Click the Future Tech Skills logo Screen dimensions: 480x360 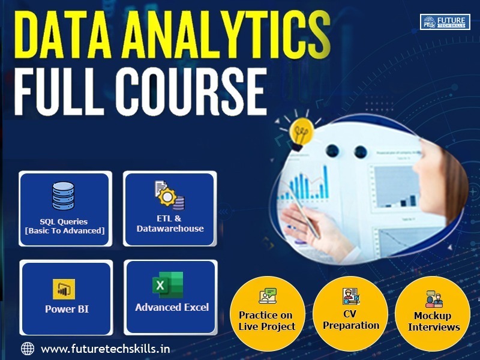445,22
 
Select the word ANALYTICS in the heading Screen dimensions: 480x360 227,34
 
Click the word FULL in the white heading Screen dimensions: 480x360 60,92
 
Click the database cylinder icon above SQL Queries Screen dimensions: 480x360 63,196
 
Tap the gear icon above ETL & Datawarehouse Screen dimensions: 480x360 167,197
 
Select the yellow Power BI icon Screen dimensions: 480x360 64,289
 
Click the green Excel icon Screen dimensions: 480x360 168,284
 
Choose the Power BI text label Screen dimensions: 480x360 67,309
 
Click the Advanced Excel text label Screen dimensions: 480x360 172,307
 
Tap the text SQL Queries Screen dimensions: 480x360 64,221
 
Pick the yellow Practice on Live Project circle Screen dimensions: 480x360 267,314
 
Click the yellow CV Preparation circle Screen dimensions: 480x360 350,314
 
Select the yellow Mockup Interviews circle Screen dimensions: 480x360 433,314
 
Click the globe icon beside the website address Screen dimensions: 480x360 27,349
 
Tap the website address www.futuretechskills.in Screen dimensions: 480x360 106,349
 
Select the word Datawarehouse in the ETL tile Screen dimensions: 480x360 170,229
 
